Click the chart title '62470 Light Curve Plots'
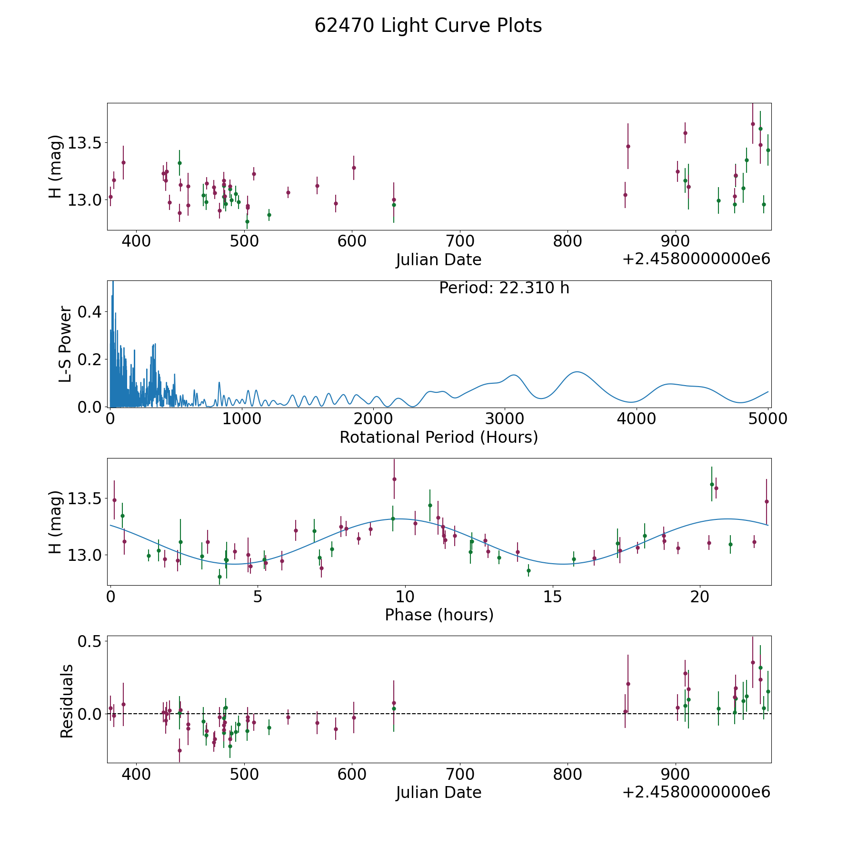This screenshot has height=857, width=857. click(428, 26)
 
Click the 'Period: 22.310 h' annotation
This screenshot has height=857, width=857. click(504, 288)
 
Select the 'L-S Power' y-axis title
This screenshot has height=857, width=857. click(66, 344)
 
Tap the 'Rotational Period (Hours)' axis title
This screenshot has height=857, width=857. click(438, 437)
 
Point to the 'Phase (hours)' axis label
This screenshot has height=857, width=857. click(438, 615)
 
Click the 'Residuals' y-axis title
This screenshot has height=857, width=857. click(67, 701)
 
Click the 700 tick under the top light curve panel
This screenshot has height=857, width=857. click(460, 241)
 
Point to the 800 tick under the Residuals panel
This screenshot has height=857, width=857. click(568, 775)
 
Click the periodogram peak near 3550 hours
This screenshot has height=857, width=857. click(577, 372)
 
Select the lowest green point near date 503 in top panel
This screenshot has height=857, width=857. click(247, 221)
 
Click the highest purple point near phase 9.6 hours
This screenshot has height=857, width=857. click(394, 479)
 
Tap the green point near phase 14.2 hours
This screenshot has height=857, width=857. click(528, 570)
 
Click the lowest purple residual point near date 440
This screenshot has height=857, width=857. click(179, 750)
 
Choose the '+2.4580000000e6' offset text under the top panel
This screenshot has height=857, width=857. click(696, 259)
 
